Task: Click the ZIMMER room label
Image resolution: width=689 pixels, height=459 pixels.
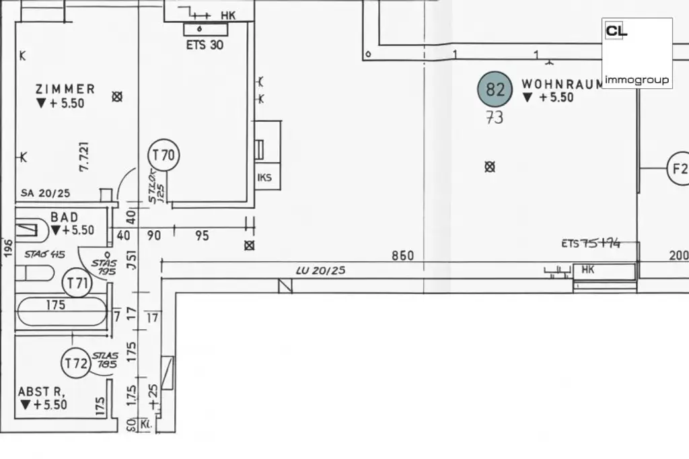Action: [x=65, y=89]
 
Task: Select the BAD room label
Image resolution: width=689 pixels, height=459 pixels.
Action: [x=65, y=217]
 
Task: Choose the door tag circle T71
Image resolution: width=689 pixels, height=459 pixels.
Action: [x=77, y=283]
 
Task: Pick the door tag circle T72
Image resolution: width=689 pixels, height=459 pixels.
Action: [x=76, y=364]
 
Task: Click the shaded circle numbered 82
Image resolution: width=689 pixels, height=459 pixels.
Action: [x=495, y=90]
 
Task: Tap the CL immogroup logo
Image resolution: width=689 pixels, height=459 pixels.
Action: [x=637, y=53]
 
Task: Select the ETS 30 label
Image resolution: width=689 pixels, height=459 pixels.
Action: [x=205, y=45]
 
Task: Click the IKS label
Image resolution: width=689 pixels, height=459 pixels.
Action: [x=264, y=178]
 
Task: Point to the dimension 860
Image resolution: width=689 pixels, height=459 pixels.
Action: [x=403, y=256]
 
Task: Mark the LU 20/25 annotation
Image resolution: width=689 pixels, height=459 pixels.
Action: [x=320, y=271]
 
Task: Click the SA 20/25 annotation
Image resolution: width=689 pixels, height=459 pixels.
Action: [x=44, y=193]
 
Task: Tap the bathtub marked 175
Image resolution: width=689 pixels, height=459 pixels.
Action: [x=61, y=311]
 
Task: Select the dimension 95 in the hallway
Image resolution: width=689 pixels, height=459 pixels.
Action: [x=201, y=236]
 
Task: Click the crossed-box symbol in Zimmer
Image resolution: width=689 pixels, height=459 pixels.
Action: [x=117, y=97]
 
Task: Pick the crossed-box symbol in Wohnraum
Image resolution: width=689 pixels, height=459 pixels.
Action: [x=490, y=167]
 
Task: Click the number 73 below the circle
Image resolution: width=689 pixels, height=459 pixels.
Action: [x=495, y=117]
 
